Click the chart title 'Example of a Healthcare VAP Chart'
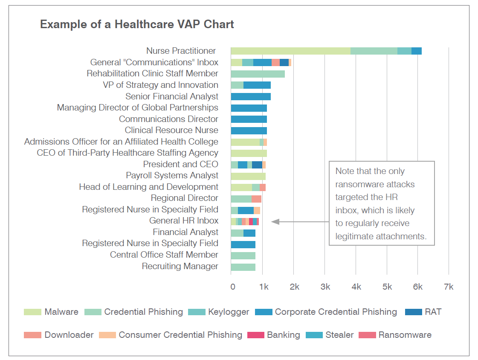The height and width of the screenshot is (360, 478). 137,24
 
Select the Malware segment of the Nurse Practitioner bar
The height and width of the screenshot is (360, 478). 290,51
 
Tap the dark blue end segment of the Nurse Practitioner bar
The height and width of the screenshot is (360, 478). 416,51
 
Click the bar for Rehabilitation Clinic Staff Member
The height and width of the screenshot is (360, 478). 258,74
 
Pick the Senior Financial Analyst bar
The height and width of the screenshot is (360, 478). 251,96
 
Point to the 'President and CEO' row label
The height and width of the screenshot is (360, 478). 180,164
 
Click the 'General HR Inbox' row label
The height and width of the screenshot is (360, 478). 183,221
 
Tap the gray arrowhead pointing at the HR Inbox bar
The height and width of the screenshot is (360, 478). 275,222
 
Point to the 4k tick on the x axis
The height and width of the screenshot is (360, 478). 356,287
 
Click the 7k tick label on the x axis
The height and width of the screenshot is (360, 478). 449,287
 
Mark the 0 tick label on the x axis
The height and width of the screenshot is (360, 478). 233,287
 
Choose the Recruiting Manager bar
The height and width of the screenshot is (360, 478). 243,267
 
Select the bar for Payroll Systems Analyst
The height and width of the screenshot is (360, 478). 248,176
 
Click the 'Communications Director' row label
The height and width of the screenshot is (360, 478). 168,119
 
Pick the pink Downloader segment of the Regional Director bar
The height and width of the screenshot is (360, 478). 256,198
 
